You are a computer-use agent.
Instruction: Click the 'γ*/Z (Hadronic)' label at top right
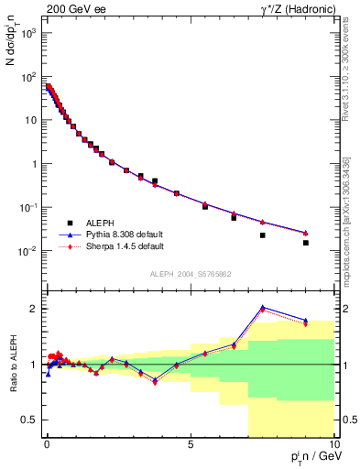click(x=295, y=8)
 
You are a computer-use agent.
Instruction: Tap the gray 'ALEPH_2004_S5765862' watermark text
click(x=190, y=274)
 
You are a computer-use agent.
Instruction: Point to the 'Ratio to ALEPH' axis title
click(x=11, y=364)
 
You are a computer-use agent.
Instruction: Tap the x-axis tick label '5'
click(x=191, y=443)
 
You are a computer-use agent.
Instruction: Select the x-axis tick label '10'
click(x=333, y=443)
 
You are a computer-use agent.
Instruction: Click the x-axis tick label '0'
click(x=47, y=443)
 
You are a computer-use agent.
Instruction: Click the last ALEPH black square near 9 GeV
click(x=306, y=243)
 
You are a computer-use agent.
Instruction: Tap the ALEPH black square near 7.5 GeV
click(x=263, y=235)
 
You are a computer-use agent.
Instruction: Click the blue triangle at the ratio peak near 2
click(x=263, y=308)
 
